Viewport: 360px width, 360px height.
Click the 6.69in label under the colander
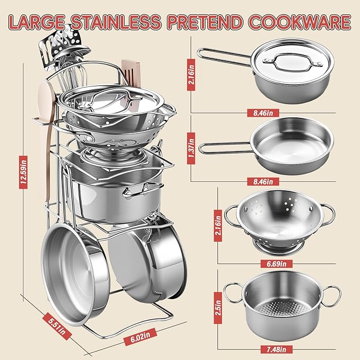(x=276, y=264)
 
